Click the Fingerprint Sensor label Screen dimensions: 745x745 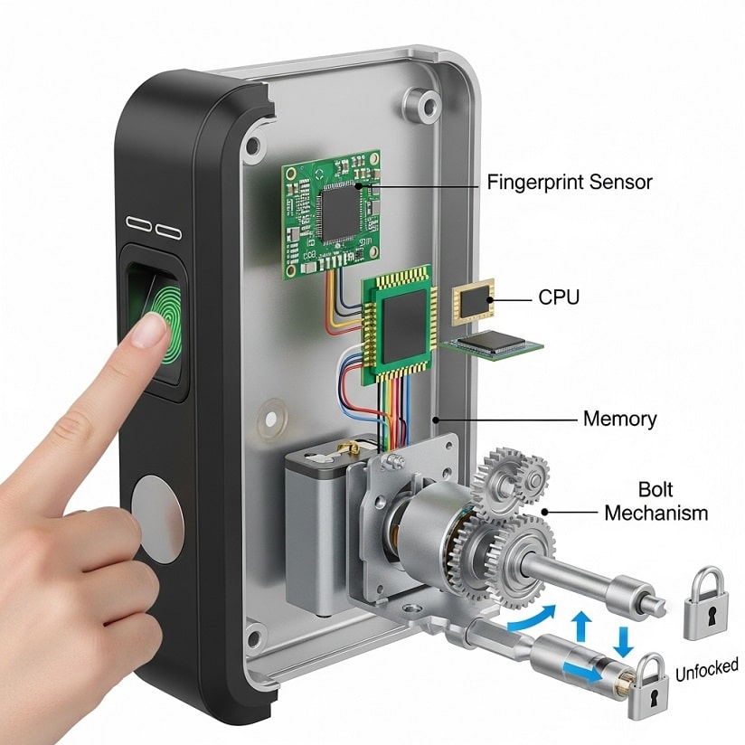click(570, 183)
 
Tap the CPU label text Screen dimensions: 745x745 click(559, 297)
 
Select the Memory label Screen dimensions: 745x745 click(619, 420)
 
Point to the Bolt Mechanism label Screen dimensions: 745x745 click(656, 501)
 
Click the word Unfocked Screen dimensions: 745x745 click(706, 669)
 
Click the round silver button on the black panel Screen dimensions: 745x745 click(157, 519)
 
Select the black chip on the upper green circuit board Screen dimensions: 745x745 click(340, 212)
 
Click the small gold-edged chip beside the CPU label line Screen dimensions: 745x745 click(473, 301)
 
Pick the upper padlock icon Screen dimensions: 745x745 click(705, 604)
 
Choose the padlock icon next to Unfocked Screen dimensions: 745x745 click(648, 687)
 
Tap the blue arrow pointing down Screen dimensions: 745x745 click(623, 641)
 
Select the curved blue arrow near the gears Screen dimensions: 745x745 click(532, 618)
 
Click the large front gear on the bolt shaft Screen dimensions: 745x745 click(524, 560)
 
